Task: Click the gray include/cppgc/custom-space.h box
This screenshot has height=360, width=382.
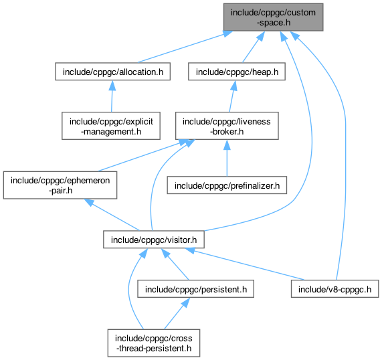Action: coord(273,17)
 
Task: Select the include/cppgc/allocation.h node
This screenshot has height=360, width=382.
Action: coord(112,72)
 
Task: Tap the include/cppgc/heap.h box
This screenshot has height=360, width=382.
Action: coord(237,72)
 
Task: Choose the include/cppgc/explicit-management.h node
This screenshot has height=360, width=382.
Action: coord(111,126)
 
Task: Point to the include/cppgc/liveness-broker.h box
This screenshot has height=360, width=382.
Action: coord(227,126)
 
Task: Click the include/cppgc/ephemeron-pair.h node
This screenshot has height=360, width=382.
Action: coord(60,185)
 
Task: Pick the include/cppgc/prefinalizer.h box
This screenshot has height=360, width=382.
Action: coord(227,185)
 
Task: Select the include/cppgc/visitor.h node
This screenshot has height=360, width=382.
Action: coord(154,240)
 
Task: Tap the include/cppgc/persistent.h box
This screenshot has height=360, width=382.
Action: coord(195,289)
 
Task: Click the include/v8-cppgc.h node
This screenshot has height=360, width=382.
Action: coord(335,289)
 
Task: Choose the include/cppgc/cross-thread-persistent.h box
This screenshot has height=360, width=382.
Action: coord(154,343)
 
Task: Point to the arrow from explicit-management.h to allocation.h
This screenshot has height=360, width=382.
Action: coord(112,96)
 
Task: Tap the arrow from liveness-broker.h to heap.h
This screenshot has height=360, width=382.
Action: coord(232,96)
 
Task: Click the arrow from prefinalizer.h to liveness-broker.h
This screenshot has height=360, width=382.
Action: coord(227,158)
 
